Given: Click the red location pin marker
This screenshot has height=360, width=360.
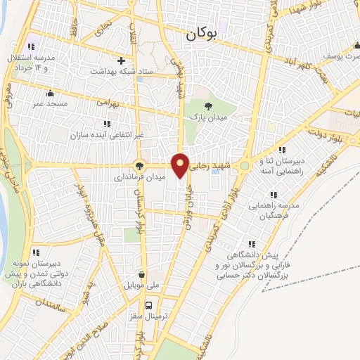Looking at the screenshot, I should pyautogui.click(x=181, y=165).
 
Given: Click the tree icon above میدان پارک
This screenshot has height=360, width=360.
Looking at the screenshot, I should pyautogui.click(x=206, y=105).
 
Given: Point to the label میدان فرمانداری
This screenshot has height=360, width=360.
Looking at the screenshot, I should pyautogui.click(x=140, y=178).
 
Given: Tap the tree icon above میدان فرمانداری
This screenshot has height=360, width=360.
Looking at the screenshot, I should pyautogui.click(x=139, y=167).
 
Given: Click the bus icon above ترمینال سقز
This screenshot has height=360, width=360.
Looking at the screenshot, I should pyautogui.click(x=148, y=305).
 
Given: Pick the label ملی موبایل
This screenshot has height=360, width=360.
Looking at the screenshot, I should pyautogui.click(x=142, y=286).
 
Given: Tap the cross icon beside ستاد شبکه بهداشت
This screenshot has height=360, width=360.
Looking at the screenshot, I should pyautogui.click(x=121, y=60).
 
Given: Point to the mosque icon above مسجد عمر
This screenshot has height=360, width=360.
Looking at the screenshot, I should pyautogui.click(x=49, y=93).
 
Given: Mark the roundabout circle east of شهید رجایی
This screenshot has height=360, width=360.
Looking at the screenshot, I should pyautogui.click(x=245, y=166).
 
